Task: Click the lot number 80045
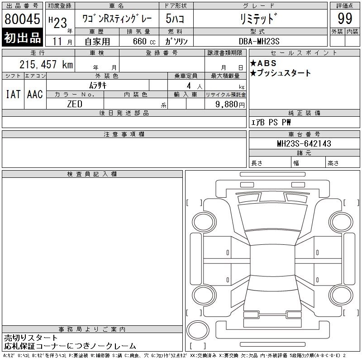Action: click(23, 19)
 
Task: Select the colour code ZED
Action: click(75, 104)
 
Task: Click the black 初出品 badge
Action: click(23, 38)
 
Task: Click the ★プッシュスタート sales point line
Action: click(281, 73)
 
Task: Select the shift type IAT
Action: click(13, 94)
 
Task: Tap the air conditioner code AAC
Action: click(35, 94)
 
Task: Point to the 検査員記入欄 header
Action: click(92, 174)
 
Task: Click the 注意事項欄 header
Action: click(124, 134)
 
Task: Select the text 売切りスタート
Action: click(31, 338)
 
